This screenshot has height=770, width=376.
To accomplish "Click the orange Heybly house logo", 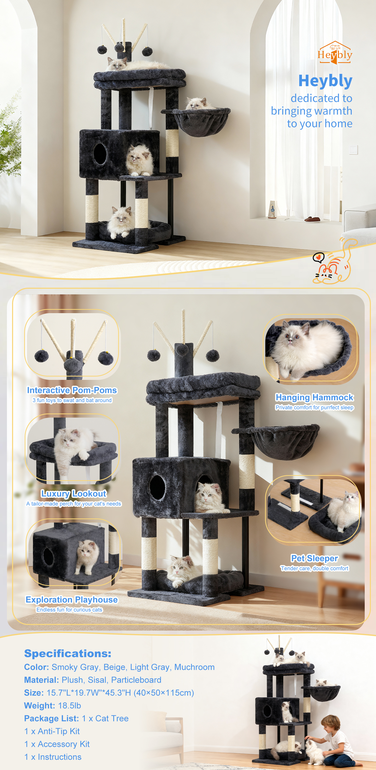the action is click(335, 53).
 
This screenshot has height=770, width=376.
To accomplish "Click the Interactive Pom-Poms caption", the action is click(72, 390).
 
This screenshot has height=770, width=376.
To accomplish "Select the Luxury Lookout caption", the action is click(74, 494).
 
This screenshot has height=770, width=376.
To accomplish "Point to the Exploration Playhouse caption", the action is click(72, 600).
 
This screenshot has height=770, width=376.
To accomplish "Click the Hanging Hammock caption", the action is click(314, 397).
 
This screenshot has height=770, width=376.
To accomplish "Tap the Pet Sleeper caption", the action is click(314, 558).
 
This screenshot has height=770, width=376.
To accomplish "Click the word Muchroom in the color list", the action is click(194, 667).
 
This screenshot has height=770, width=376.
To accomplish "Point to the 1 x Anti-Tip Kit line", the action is click(52, 731).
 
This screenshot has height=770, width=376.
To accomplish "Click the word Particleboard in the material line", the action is click(136, 680).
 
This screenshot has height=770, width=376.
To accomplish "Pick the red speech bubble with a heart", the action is click(318, 257).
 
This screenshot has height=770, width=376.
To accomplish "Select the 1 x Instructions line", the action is click(53, 757).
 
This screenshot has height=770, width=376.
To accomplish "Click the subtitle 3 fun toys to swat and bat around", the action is click(72, 400).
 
